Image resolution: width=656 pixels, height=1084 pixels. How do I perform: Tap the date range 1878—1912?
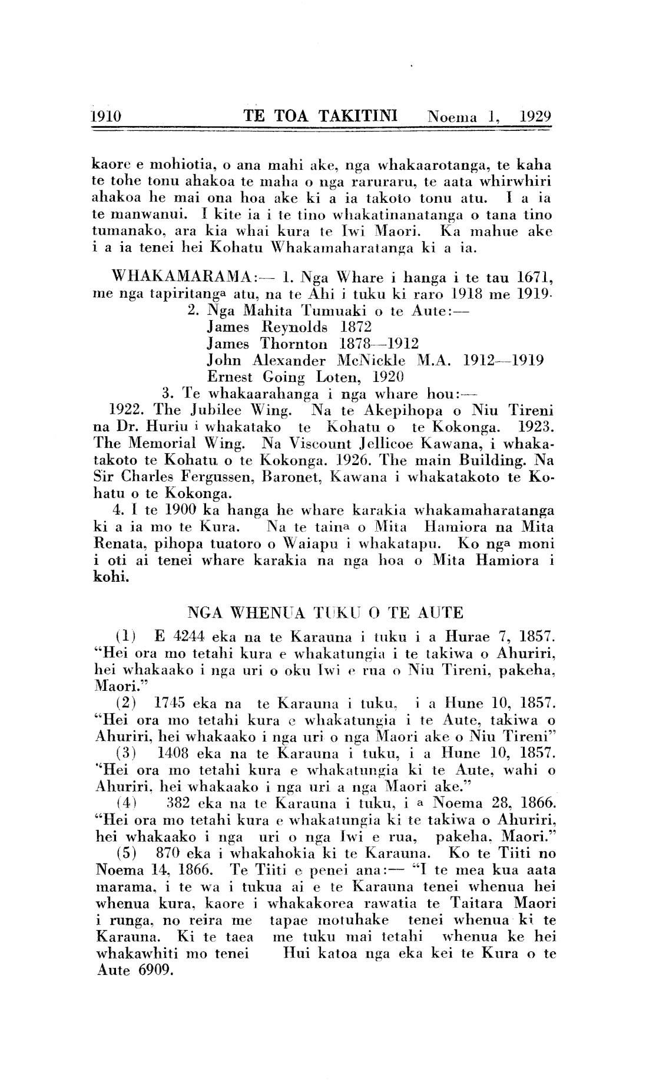tap(379, 343)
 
